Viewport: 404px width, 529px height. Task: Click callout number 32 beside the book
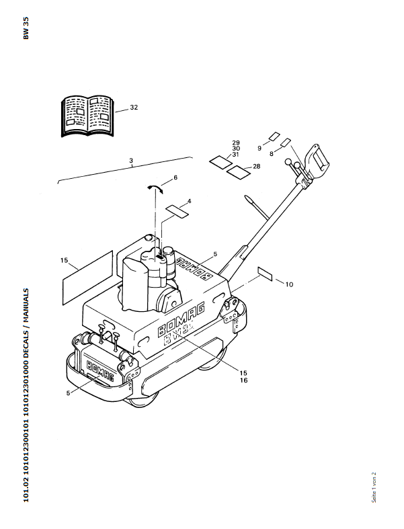(134, 108)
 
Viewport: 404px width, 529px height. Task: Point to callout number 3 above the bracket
(131, 160)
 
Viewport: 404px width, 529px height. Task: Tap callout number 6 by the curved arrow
(175, 177)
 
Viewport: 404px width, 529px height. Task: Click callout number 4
(189, 201)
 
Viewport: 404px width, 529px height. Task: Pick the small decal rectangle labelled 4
(176, 210)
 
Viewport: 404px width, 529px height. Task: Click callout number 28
(256, 166)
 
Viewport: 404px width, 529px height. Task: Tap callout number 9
(259, 148)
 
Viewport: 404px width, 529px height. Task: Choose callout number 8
(271, 154)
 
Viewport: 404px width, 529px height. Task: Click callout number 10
(289, 284)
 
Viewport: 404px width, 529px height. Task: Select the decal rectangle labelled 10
(265, 274)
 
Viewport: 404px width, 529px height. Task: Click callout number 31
(236, 155)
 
